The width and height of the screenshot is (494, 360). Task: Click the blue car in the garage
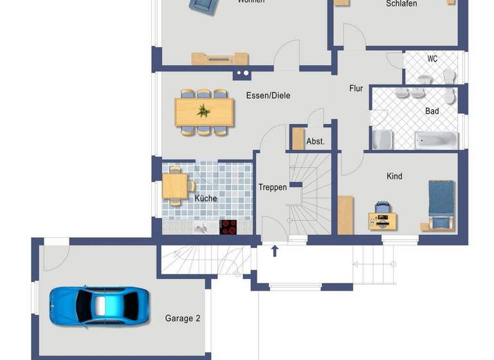pyautogui.click(x=100, y=304)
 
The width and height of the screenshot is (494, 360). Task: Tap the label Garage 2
pyautogui.click(x=183, y=318)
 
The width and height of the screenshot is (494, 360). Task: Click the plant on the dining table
pyautogui.click(x=204, y=111)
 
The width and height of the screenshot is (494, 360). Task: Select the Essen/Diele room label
pyautogui.click(x=268, y=96)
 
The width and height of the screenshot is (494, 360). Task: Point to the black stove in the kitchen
pyautogui.click(x=228, y=227)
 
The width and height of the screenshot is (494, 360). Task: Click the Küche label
pyautogui.click(x=206, y=199)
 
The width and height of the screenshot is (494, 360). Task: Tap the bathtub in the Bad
pyautogui.click(x=435, y=139)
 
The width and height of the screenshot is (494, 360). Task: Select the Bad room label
pyautogui.click(x=432, y=111)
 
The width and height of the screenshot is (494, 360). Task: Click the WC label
pyautogui.click(x=432, y=59)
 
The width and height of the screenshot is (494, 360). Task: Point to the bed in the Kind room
pyautogui.click(x=441, y=204)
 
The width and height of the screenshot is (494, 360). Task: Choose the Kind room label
pyautogui.click(x=394, y=176)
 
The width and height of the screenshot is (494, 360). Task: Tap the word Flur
pyautogui.click(x=356, y=88)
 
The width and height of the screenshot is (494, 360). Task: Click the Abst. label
pyautogui.click(x=315, y=141)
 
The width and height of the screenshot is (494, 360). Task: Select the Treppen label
pyautogui.click(x=273, y=188)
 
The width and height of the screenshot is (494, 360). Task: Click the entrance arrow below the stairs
pyautogui.click(x=275, y=250)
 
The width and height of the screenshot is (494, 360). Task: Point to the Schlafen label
pyautogui.click(x=401, y=4)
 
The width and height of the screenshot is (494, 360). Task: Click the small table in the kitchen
pyautogui.click(x=174, y=186)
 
